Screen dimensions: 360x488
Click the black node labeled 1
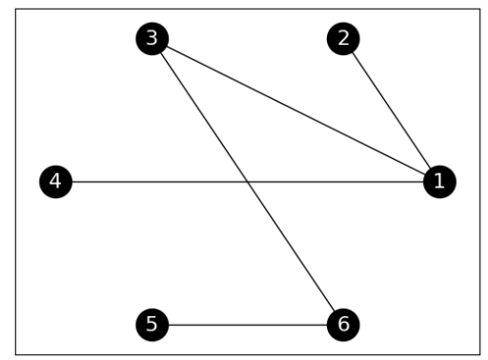(x=438, y=181)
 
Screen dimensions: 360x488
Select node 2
(x=343, y=38)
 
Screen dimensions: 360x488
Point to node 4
(x=55, y=181)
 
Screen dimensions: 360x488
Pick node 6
(x=343, y=325)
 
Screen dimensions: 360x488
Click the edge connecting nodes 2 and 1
(x=391, y=110)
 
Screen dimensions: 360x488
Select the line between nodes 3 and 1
(x=295, y=110)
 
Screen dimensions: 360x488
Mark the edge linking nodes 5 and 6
(x=248, y=325)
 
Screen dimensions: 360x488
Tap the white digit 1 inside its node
(x=438, y=181)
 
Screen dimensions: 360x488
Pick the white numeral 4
(x=55, y=181)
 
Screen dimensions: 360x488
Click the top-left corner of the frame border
(x=17, y=10)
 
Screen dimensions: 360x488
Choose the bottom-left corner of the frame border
(x=17, y=353)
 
